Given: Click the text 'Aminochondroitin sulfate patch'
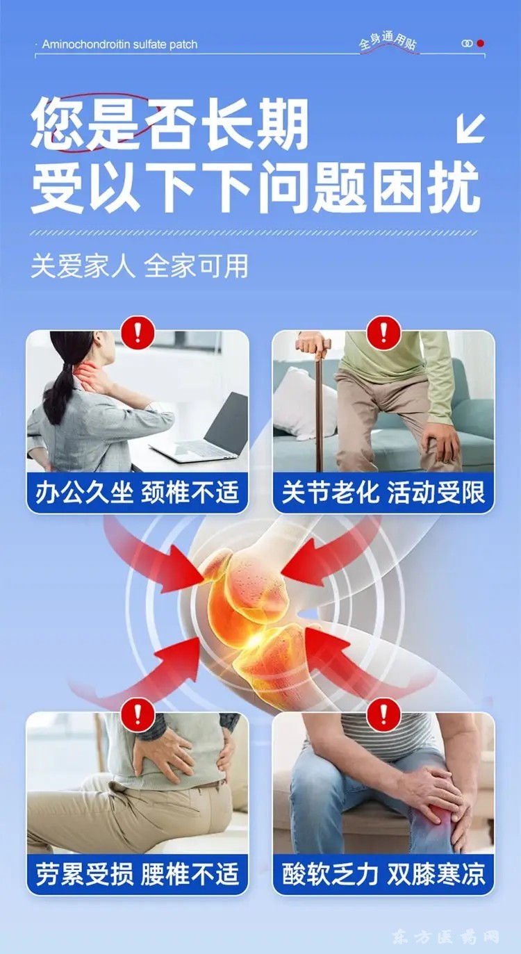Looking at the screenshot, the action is (x=119, y=44).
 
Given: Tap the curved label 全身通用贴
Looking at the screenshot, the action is (x=388, y=42).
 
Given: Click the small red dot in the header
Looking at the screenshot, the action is (x=481, y=43).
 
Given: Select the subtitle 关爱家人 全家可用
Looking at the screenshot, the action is (x=140, y=267).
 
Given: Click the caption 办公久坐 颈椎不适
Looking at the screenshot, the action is (x=137, y=493).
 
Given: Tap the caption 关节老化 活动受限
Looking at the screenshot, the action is (x=383, y=493).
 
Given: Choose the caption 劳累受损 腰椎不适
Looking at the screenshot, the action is (x=137, y=874).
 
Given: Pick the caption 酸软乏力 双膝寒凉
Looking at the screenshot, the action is (x=383, y=874).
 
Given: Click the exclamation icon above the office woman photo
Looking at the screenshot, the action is (x=138, y=333).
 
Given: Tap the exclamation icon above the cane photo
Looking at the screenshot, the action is (x=383, y=333).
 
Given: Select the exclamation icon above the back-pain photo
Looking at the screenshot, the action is (x=138, y=715).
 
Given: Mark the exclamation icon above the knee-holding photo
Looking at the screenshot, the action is (x=383, y=715).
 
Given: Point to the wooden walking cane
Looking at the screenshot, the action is (x=317, y=404).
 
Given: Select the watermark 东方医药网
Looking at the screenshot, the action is (x=446, y=936).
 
